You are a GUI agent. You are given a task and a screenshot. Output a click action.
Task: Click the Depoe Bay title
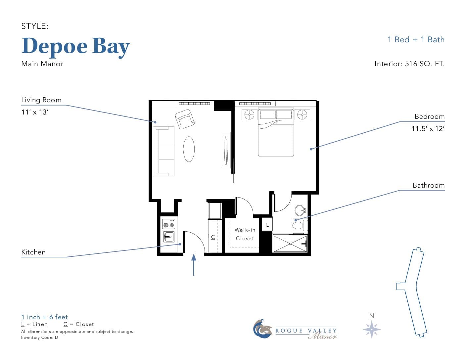tap(76, 47)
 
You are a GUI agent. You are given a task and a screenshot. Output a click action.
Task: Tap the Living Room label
tap(41, 100)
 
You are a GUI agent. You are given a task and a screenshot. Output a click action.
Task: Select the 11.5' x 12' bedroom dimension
tap(428, 129)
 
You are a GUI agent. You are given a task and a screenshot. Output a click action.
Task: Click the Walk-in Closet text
tap(245, 234)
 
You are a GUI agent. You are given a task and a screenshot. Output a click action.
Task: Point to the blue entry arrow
tap(194, 265)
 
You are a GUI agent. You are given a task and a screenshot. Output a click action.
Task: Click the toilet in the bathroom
tap(300, 225)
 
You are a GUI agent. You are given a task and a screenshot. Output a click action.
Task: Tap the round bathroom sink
tap(300, 210)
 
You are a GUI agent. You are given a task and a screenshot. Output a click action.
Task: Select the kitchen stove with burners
tap(168, 224)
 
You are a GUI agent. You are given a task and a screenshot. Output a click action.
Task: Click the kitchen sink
tap(169, 237)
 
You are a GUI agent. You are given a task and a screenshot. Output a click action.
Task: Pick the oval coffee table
tap(189, 149)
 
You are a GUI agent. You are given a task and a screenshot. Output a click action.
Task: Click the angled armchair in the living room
tap(185, 119)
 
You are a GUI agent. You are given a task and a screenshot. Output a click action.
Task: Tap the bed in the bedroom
tap(276, 132)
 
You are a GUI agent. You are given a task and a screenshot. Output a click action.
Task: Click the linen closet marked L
tap(267, 224)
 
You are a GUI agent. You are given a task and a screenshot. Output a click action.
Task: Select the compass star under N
tap(372, 330)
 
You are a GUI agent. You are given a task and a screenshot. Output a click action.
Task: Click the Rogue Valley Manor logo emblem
tap(262, 329)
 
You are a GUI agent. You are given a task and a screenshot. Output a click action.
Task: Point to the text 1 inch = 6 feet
tap(45, 317)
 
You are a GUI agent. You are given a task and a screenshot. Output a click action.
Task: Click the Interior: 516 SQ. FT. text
tap(409, 64)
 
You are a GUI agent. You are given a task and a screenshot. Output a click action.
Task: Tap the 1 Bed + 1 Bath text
tap(416, 40)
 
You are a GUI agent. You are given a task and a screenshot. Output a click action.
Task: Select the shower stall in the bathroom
tap(290, 244)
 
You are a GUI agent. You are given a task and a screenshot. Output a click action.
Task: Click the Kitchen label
tap(33, 252)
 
